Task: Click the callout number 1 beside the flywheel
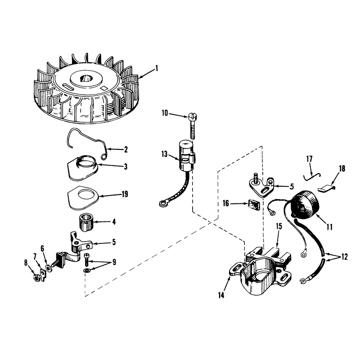157,68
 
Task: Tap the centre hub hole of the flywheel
85,79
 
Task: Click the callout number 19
125,194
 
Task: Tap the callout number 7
35,256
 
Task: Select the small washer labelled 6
49,268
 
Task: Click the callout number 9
114,262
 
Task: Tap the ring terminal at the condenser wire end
162,203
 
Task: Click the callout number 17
309,159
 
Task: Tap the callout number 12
345,256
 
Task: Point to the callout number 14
221,296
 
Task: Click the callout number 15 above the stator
279,226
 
